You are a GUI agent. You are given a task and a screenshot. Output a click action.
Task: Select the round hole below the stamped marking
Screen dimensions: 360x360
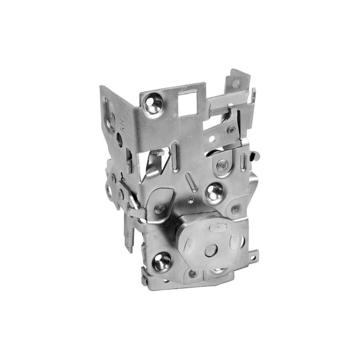coord(120,140)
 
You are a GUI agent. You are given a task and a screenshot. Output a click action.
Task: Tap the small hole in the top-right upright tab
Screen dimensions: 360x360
coord(236,84)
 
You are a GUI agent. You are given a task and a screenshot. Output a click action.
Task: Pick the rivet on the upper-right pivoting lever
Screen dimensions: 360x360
coord(231,130)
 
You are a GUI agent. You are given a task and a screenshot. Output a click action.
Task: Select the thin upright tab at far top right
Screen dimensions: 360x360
coord(254,96)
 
